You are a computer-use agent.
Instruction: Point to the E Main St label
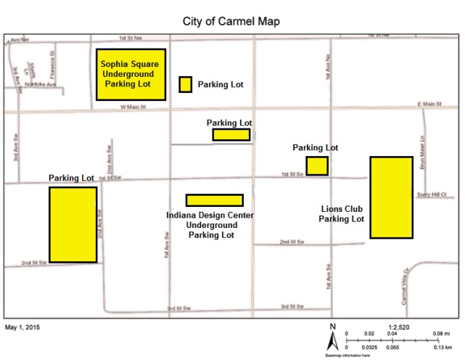tap(429, 105)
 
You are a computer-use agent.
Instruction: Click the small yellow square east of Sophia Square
tap(186, 84)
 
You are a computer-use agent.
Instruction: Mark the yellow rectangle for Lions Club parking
tap(392, 197)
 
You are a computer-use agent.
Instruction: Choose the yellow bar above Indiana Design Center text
tap(214, 200)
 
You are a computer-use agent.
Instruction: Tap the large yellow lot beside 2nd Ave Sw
tap(73, 224)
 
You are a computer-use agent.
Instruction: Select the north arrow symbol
tap(332, 335)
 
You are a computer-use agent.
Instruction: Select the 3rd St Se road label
tap(294, 305)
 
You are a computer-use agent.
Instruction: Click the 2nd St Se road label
tap(292, 241)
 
